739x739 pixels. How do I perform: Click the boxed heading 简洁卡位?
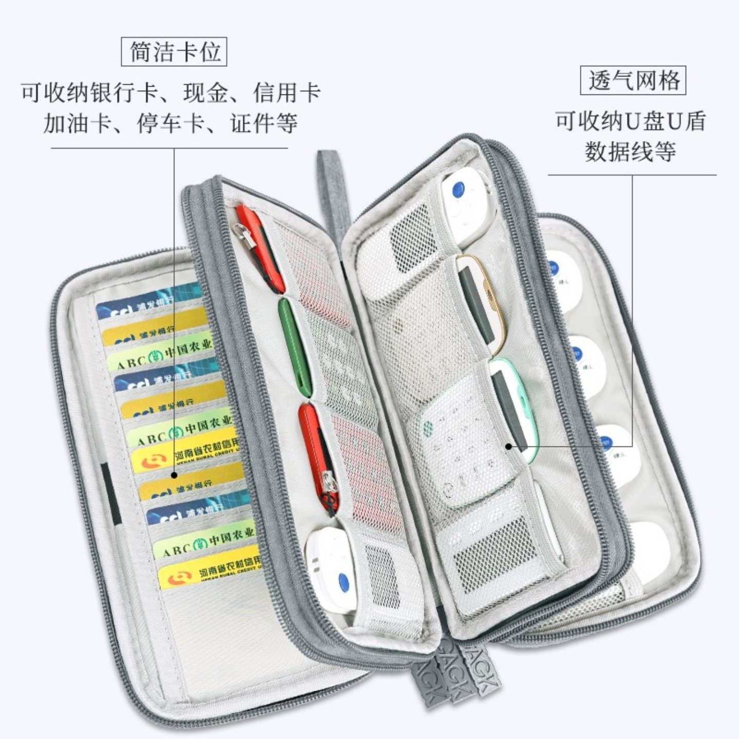coord(174,52)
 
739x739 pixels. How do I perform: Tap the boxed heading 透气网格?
coord(633,81)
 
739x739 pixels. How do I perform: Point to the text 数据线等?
coord(630,151)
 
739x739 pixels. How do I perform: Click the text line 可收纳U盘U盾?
coord(630,121)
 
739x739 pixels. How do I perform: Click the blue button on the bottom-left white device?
coord(343,581)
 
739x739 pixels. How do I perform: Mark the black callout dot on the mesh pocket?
coord(509,446)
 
